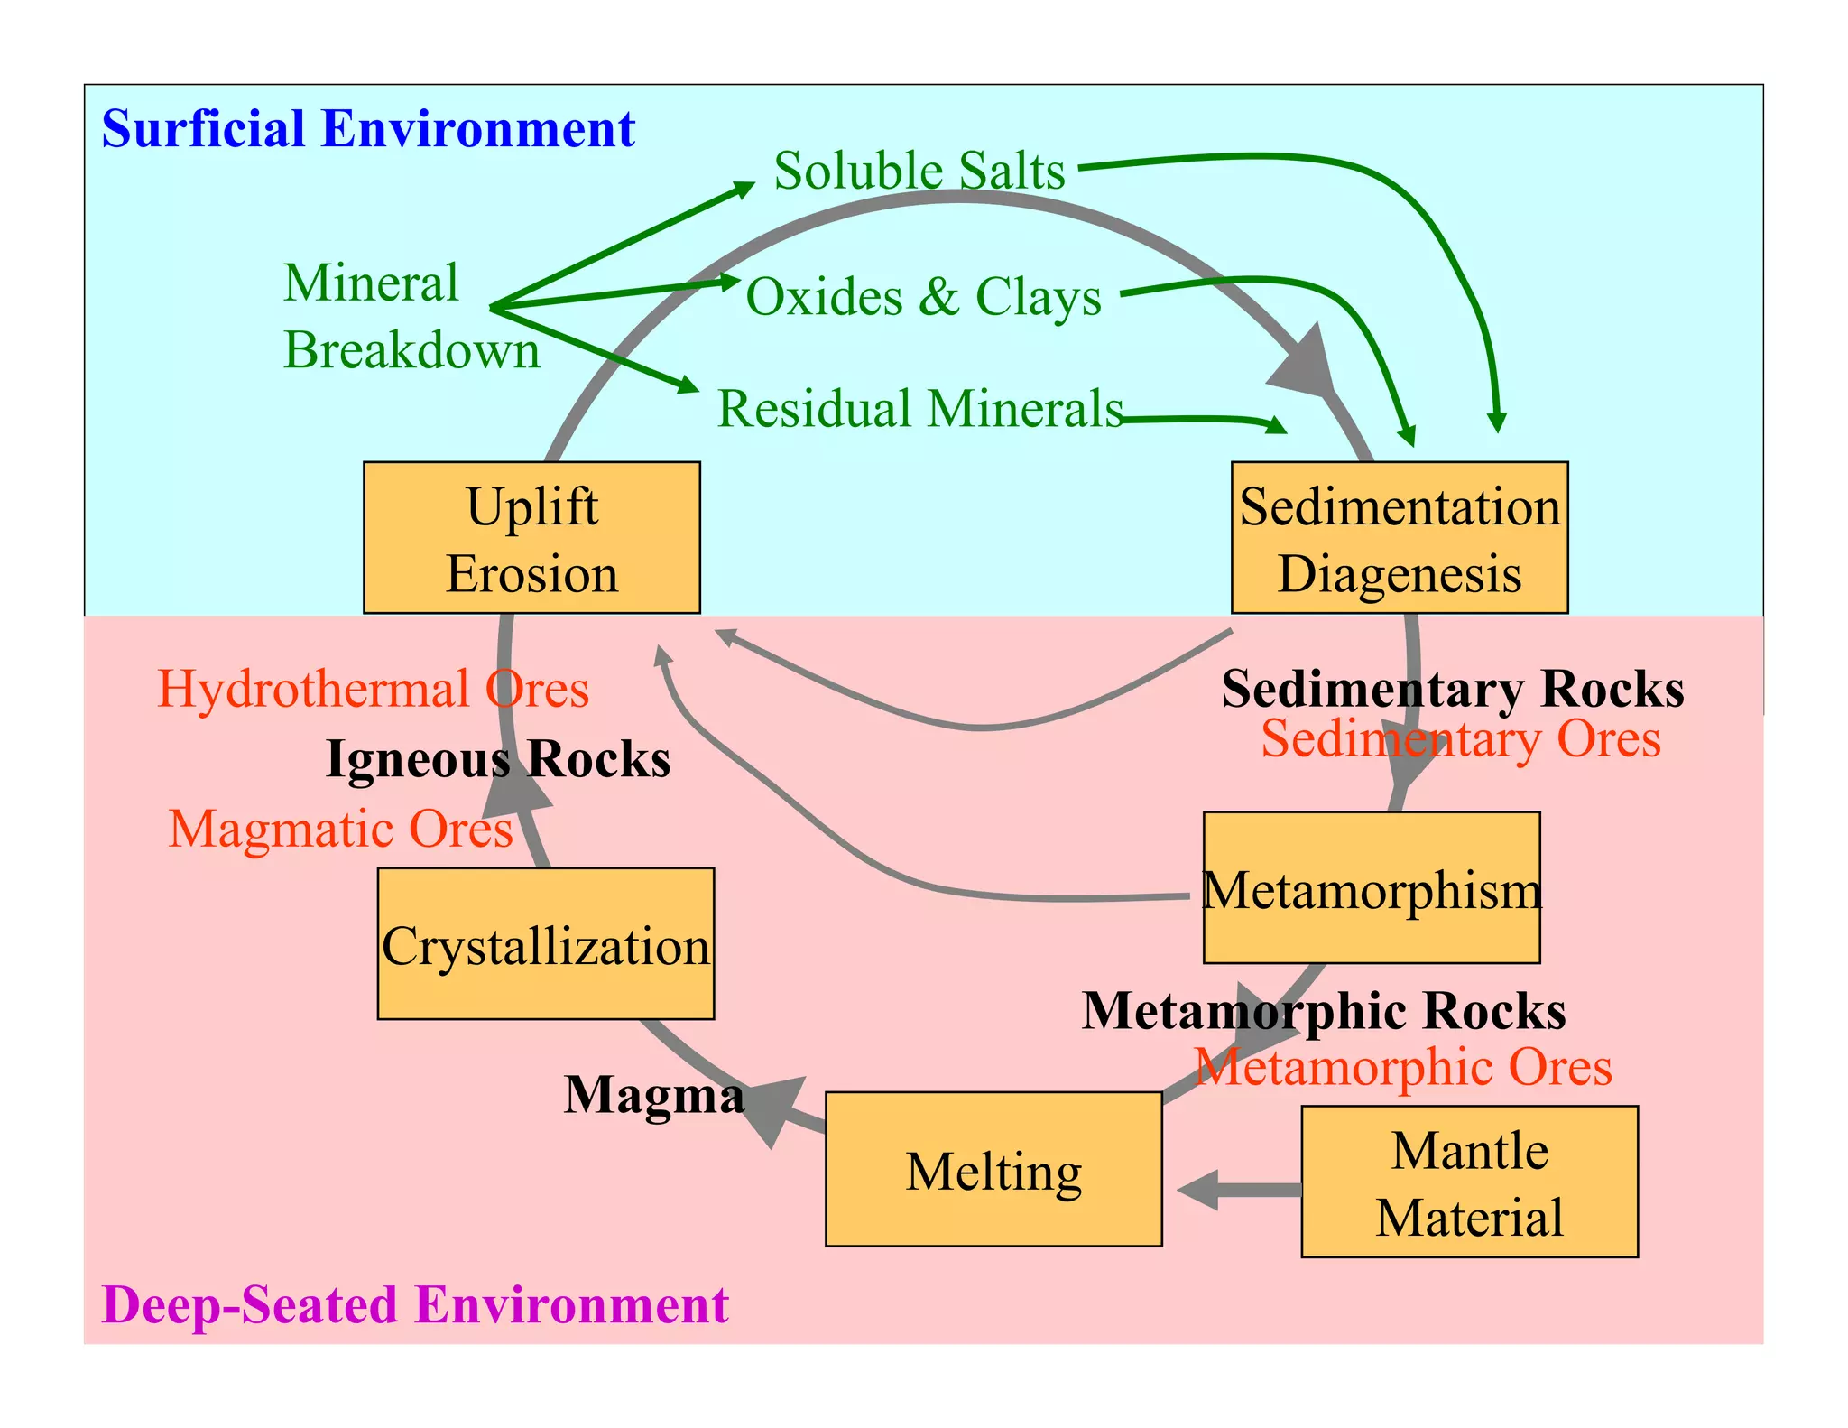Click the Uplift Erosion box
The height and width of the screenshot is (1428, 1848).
pyautogui.click(x=531, y=538)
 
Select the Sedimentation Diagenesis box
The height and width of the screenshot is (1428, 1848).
pyautogui.click(x=1400, y=538)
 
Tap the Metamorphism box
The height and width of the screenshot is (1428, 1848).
pyautogui.click(x=1371, y=888)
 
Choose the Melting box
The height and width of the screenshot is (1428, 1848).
pyautogui.click(x=993, y=1170)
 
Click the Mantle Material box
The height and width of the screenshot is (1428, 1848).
pyautogui.click(x=1469, y=1182)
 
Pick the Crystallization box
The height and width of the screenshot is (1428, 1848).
pyautogui.click(x=545, y=944)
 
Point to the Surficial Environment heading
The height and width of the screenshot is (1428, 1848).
pyautogui.click(x=368, y=128)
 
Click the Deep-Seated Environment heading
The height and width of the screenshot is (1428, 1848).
pyautogui.click(x=415, y=1304)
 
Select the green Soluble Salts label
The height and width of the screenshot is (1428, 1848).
pyautogui.click(x=919, y=170)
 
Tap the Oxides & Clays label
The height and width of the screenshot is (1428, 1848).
pyautogui.click(x=923, y=296)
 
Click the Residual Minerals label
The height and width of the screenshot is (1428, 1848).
pyautogui.click(x=919, y=408)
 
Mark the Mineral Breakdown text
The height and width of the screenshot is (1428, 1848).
pyautogui.click(x=411, y=316)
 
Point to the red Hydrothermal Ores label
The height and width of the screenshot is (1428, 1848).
pyautogui.click(x=373, y=689)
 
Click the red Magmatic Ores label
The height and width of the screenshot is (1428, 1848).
pyautogui.click(x=340, y=828)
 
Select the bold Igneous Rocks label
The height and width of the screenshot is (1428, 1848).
pyautogui.click(x=498, y=759)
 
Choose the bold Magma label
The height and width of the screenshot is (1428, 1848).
pyautogui.click(x=654, y=1095)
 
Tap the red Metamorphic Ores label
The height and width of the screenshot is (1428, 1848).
pyautogui.click(x=1402, y=1067)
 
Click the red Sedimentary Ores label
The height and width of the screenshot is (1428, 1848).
pyautogui.click(x=1460, y=738)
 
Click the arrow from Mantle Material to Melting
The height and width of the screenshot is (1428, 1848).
pyautogui.click(x=1240, y=1190)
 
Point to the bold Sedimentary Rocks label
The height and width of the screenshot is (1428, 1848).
pyautogui.click(x=1452, y=689)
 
